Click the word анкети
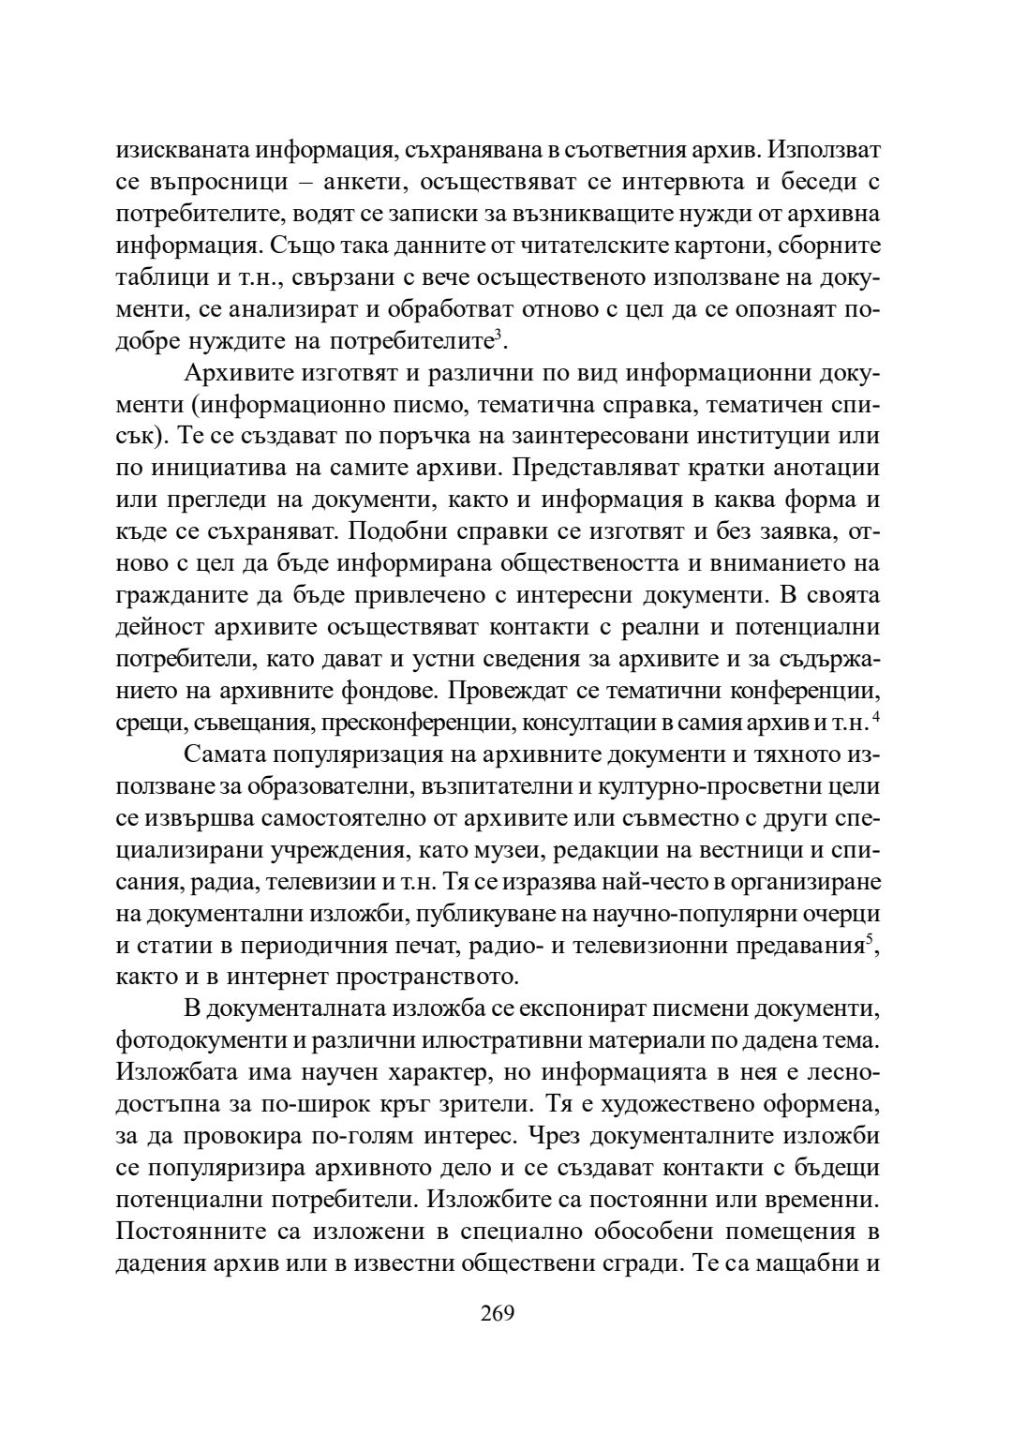point(354,181)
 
